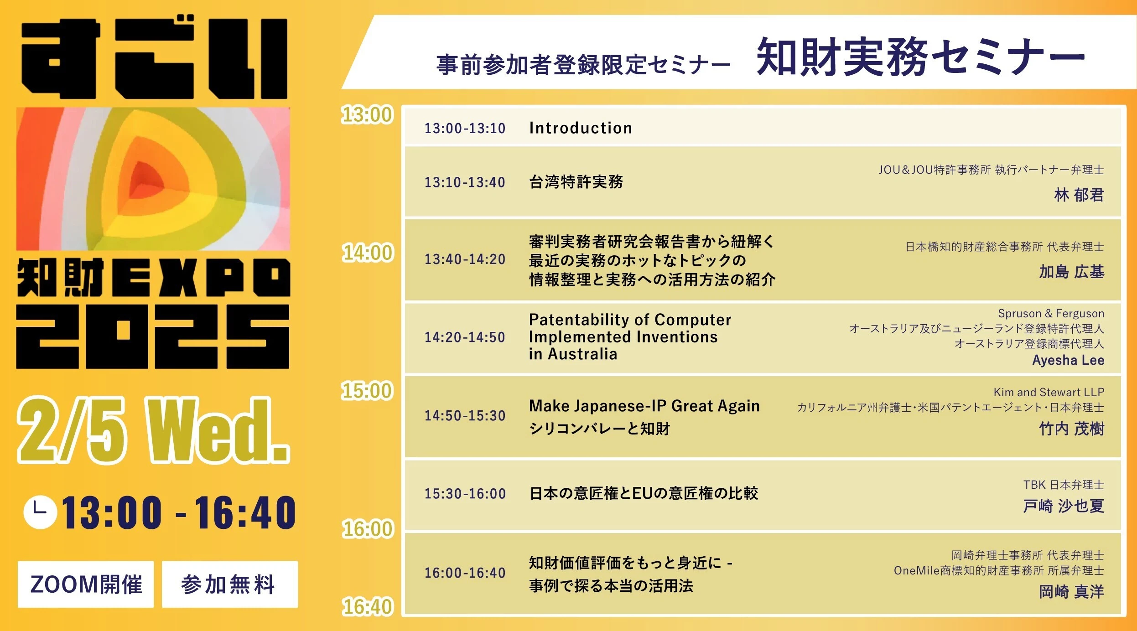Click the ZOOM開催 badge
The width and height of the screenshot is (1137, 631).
pyautogui.click(x=86, y=584)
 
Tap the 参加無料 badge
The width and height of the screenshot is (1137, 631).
pyautogui.click(x=230, y=584)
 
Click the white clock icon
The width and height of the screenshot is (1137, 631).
pyautogui.click(x=40, y=512)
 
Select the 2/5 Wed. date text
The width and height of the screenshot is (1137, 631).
pyautogui.click(x=153, y=430)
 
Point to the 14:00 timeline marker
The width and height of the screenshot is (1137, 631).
pyautogui.click(x=367, y=253)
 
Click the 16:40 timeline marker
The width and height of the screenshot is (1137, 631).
pyautogui.click(x=367, y=606)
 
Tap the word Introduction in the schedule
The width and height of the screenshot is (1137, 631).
pyautogui.click(x=581, y=128)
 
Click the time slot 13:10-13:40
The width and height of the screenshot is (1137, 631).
pyautogui.click(x=465, y=182)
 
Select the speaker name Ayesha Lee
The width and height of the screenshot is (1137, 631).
pyautogui.click(x=1068, y=360)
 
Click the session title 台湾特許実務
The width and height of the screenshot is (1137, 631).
pyautogui.click(x=576, y=181)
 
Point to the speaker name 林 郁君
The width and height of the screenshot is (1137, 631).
pyautogui.click(x=1079, y=195)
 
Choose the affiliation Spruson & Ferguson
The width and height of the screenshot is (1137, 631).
pyautogui.click(x=1051, y=313)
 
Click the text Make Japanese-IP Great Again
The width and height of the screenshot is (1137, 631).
pyautogui.click(x=644, y=406)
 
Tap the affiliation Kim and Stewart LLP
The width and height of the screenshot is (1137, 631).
pyautogui.click(x=1049, y=392)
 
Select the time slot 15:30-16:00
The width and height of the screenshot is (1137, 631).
pyautogui.click(x=465, y=493)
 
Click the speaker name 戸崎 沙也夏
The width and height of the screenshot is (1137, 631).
pyautogui.click(x=1064, y=506)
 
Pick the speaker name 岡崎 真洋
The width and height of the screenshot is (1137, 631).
pyautogui.click(x=1071, y=591)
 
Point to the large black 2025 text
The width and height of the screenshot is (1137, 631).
pyautogui.click(x=153, y=336)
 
